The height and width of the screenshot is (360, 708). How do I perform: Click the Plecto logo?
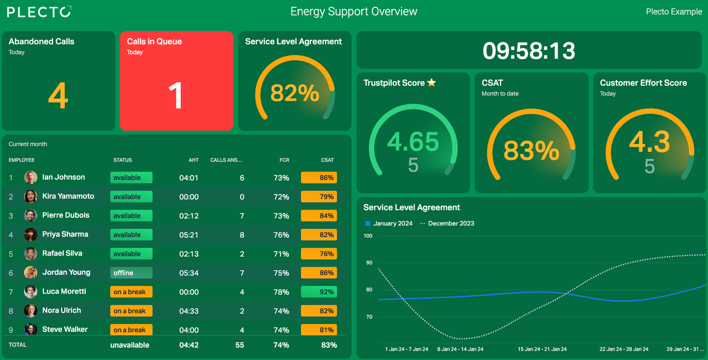[39, 12]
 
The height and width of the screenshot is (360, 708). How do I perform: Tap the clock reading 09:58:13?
[529, 51]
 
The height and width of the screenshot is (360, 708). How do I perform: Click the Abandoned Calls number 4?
[58, 96]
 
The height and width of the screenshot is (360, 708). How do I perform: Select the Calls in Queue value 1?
[175, 96]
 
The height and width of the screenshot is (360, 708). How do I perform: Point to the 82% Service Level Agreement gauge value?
[295, 93]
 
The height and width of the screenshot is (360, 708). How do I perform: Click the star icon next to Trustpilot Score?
[431, 83]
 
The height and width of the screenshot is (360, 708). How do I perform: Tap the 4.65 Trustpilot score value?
[413, 142]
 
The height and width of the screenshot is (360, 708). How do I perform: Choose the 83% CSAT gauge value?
[531, 150]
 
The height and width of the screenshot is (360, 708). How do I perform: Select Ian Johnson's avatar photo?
[30, 178]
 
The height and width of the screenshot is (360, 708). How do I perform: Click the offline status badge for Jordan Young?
[131, 273]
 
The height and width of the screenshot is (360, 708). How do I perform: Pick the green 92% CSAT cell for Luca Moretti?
[319, 292]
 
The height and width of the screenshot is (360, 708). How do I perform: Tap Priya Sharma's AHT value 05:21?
[189, 235]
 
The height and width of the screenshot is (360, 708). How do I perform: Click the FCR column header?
[284, 160]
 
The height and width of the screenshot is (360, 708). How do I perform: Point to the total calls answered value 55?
[239, 345]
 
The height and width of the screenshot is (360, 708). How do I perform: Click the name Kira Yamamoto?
[68, 196]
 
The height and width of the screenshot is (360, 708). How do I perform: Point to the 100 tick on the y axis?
[368, 236]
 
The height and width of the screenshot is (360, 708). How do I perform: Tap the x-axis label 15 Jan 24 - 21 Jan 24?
[542, 349]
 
